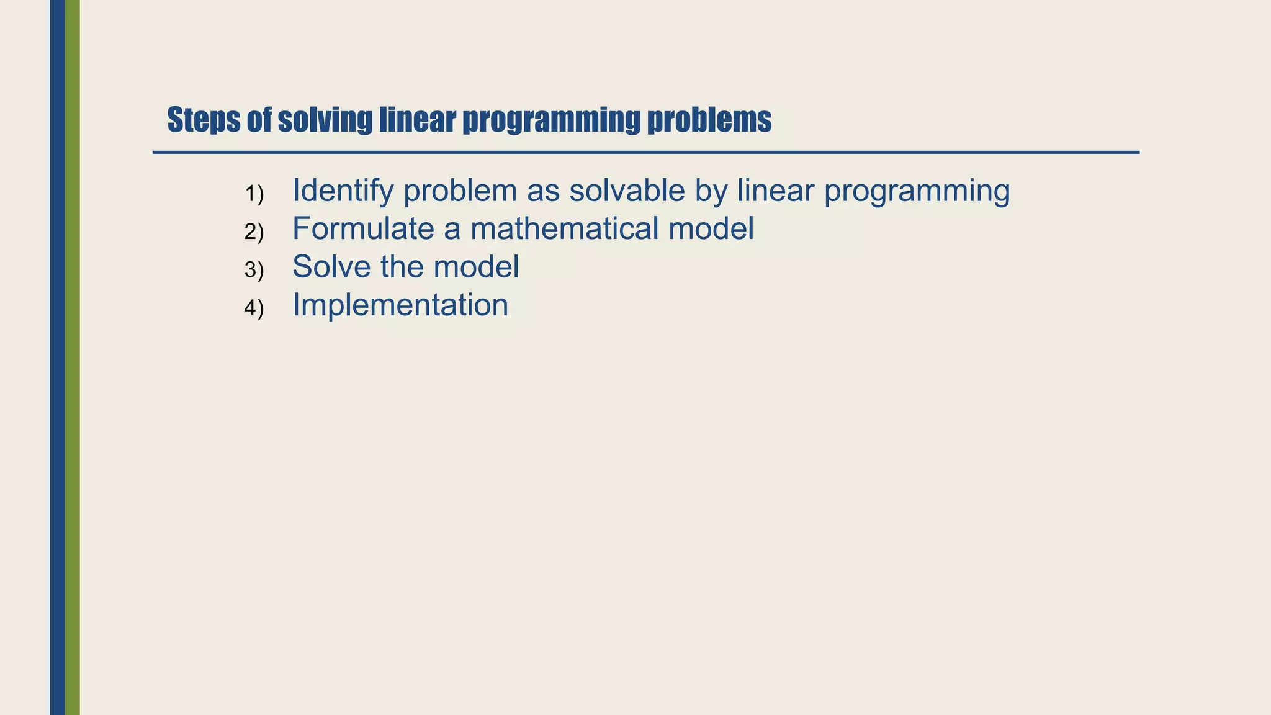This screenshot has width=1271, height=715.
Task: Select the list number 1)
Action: pyautogui.click(x=254, y=194)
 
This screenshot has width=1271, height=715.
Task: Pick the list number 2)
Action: pyautogui.click(x=254, y=232)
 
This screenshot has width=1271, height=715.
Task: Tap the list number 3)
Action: pyautogui.click(x=254, y=270)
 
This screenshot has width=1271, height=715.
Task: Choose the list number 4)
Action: pyautogui.click(x=254, y=308)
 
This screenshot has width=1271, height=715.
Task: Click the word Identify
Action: pyautogui.click(x=343, y=191)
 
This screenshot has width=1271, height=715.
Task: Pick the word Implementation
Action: pyautogui.click(x=400, y=305)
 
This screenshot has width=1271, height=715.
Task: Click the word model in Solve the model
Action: pyautogui.click(x=476, y=266)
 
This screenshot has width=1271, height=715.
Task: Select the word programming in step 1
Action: pyautogui.click(x=917, y=191)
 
